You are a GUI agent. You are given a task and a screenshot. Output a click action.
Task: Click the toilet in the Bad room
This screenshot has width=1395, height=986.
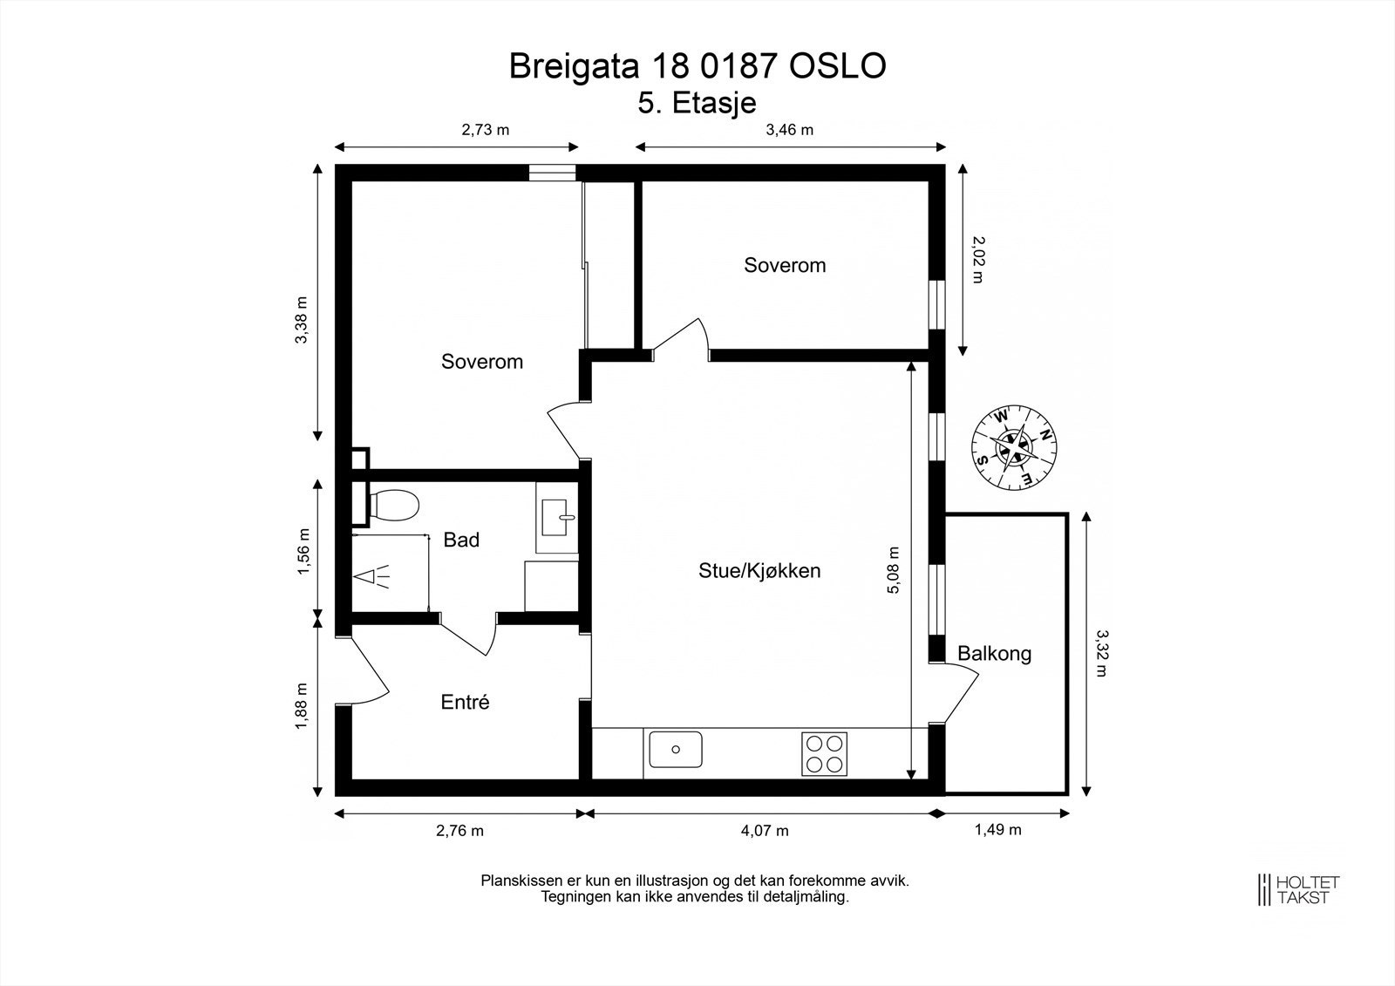point(393,505)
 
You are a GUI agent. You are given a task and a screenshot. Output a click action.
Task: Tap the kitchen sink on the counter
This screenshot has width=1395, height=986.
point(676,750)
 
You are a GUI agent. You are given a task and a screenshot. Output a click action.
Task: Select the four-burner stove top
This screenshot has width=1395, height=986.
point(824,754)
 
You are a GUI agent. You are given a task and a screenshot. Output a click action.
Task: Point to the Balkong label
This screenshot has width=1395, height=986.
point(995,653)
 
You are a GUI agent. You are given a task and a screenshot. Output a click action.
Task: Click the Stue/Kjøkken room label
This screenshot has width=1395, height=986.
point(759,570)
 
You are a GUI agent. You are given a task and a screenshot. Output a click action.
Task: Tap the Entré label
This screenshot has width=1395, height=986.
point(466,702)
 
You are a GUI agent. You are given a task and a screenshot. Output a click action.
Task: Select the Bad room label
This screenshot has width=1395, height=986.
point(461,540)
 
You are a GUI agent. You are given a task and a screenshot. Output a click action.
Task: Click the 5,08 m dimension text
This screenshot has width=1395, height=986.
point(894,570)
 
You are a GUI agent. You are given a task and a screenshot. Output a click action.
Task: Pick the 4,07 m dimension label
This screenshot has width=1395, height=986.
point(765,831)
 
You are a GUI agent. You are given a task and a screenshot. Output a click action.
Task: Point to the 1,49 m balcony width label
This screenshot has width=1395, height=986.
point(997,830)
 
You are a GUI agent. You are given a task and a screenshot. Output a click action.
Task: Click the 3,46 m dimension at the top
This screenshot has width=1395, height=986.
point(790,130)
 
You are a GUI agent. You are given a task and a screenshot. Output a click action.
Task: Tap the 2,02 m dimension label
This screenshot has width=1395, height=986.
point(977,259)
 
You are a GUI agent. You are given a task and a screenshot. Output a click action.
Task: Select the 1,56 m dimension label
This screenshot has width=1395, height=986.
point(303,551)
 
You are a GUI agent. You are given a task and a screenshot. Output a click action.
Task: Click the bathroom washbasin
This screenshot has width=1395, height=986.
point(557,517)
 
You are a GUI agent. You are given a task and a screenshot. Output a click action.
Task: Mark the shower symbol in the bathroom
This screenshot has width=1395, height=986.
point(371,577)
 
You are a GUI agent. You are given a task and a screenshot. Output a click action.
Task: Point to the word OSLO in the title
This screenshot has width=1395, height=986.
point(838,65)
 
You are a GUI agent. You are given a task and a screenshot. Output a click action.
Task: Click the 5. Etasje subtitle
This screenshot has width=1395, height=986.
point(697,103)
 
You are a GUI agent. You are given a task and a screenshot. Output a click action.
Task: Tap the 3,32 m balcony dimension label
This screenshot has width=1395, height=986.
point(1101,653)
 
